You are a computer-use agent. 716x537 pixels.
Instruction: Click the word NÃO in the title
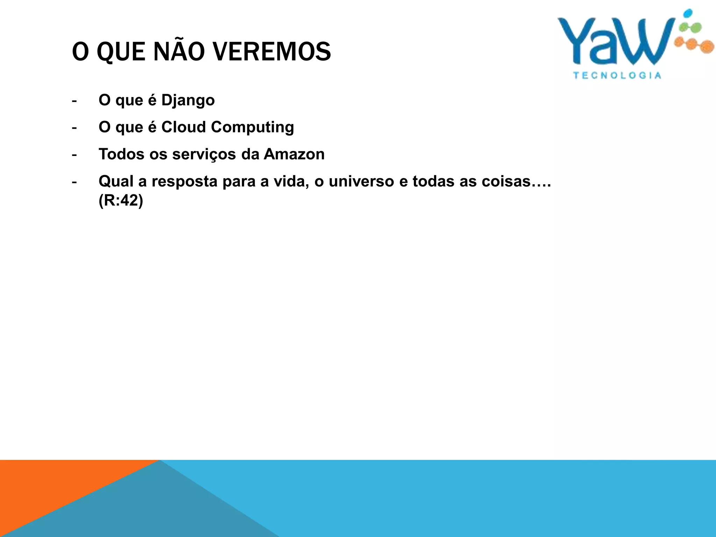coord(179,52)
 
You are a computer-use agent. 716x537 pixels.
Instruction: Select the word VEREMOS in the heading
coord(272,52)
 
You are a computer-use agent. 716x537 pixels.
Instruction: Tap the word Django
coord(188,101)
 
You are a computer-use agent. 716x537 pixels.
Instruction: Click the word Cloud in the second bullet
coord(183,127)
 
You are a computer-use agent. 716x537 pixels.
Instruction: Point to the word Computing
coord(252,128)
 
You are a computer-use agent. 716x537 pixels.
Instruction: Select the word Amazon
coord(294,154)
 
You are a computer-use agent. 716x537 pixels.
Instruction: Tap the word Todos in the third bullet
coord(121,154)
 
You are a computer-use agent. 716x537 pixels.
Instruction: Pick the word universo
coord(361,181)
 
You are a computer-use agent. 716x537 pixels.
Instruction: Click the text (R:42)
coord(121,201)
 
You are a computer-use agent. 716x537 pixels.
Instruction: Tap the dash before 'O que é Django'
coord(74,101)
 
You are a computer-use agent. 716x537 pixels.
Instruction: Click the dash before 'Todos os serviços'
coord(74,155)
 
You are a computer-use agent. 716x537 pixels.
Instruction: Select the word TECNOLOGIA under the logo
coord(617,76)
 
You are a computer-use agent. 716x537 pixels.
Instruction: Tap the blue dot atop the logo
coord(688,13)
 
